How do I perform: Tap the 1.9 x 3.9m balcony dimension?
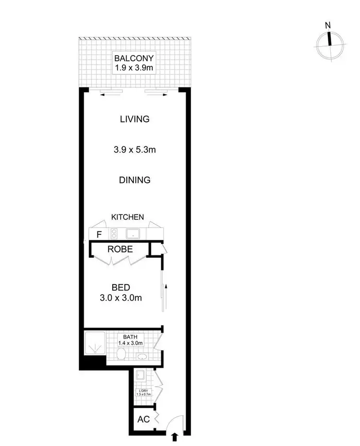(134, 68)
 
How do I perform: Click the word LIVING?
(135, 119)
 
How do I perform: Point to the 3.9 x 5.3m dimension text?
(135, 150)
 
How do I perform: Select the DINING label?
(135, 180)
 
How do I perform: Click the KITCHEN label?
(128, 217)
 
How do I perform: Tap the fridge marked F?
(99, 235)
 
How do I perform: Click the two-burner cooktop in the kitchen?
(115, 234)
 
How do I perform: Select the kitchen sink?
(132, 234)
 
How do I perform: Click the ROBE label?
(120, 250)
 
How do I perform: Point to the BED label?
(120, 288)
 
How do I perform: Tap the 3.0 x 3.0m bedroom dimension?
(120, 298)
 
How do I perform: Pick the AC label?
(144, 419)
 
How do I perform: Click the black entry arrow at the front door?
(173, 436)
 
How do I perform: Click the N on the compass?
(328, 25)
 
